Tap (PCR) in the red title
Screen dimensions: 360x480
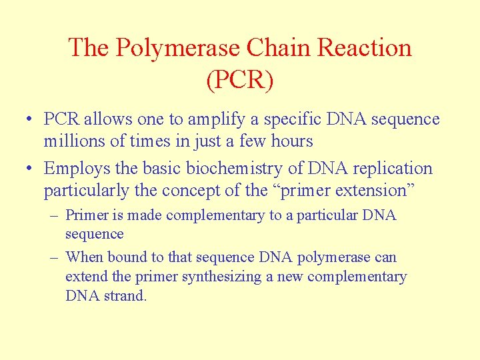(240, 79)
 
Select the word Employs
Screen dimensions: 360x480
(74, 169)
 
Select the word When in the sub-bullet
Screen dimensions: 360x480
(85, 257)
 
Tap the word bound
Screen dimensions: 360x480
(126, 257)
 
